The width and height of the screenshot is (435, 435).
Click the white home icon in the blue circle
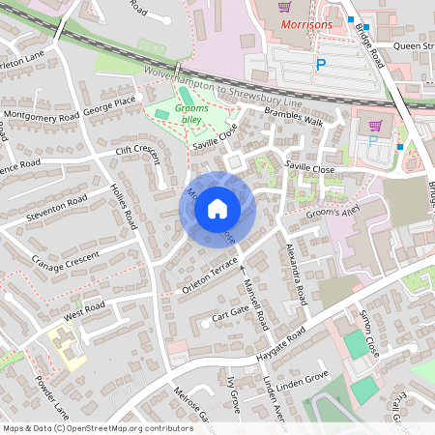[x=217, y=209]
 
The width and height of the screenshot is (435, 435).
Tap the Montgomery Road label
[x=41, y=116]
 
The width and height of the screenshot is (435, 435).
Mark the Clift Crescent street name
[x=135, y=151]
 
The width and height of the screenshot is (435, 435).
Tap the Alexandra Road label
[x=295, y=274]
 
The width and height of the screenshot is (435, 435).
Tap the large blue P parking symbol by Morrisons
[x=321, y=65]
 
